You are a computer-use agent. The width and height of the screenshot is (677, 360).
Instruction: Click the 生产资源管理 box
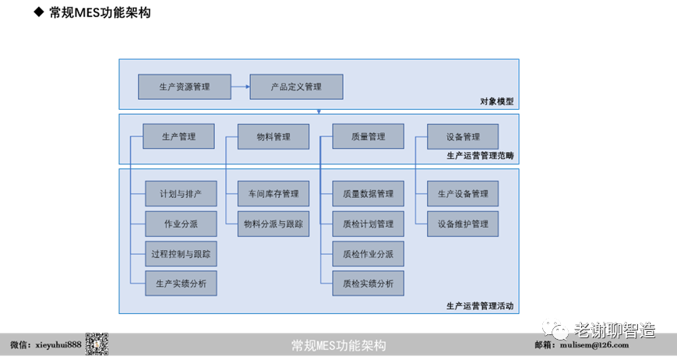click(184, 86)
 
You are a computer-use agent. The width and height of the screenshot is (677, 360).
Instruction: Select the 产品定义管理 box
click(296, 86)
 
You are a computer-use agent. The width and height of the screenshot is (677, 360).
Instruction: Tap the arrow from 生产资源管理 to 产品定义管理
click(239, 86)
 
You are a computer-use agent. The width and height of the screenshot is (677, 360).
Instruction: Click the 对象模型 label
click(496, 101)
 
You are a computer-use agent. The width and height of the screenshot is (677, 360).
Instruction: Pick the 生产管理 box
click(178, 136)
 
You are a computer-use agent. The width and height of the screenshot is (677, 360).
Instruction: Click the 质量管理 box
click(368, 136)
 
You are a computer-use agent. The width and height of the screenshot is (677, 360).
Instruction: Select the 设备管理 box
click(463, 136)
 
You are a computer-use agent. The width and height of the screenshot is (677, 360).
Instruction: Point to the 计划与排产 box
click(181, 193)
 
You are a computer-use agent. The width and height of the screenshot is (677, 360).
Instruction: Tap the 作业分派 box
click(181, 224)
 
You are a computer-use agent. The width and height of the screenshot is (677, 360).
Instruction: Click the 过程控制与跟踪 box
click(181, 253)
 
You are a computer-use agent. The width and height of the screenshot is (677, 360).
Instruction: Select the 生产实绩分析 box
click(181, 284)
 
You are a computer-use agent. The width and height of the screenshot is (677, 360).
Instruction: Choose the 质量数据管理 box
click(368, 193)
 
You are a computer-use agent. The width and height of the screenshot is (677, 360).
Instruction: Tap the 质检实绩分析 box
click(368, 284)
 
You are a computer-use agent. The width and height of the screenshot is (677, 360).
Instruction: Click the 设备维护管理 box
click(463, 224)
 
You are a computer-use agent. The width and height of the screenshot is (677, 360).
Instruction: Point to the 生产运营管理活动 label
click(480, 305)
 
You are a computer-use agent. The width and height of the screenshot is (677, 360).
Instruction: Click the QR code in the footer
click(97, 344)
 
